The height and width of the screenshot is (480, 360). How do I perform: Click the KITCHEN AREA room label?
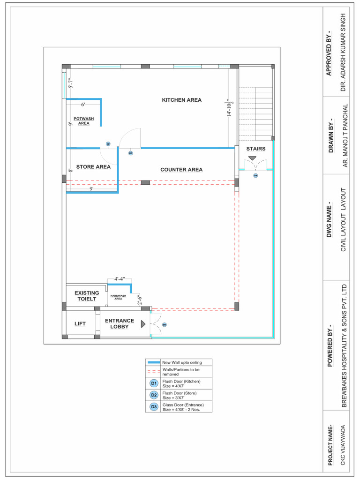point(181,100)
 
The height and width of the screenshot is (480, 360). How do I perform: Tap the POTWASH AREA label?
point(83,121)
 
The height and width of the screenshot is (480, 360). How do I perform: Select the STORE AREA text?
point(93,166)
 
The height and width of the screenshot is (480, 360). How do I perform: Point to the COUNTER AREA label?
point(181,170)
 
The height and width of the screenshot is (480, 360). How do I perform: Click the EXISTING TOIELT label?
point(87,296)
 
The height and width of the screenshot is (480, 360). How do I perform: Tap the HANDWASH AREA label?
point(118,297)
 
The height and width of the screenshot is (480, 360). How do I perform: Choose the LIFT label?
point(80,323)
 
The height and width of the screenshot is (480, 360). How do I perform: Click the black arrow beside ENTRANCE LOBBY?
point(143,324)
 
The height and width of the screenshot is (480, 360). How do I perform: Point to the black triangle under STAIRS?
point(252,159)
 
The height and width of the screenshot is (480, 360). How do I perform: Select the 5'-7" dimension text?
point(71,83)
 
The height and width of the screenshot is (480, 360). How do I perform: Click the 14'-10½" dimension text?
point(230,108)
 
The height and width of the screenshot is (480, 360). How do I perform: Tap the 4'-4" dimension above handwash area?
point(120,279)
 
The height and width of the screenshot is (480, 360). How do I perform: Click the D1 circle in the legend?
point(154,384)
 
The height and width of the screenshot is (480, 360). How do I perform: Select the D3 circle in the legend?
point(154,407)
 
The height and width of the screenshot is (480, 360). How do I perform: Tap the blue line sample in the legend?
point(153,362)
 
